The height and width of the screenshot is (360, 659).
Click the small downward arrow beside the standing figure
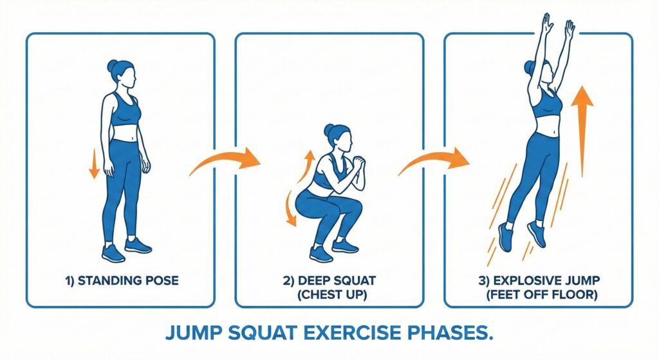(94, 164)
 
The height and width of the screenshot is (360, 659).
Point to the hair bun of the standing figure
(112, 66)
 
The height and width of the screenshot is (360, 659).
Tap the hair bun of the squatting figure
(329, 129)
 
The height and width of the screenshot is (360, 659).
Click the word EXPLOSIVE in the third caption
(528, 280)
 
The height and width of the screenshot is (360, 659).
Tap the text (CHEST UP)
(331, 295)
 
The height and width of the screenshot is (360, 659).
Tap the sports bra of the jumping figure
(547, 104)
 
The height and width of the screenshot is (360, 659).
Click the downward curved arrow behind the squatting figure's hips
(290, 208)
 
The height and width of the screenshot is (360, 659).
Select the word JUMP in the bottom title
(194, 333)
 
